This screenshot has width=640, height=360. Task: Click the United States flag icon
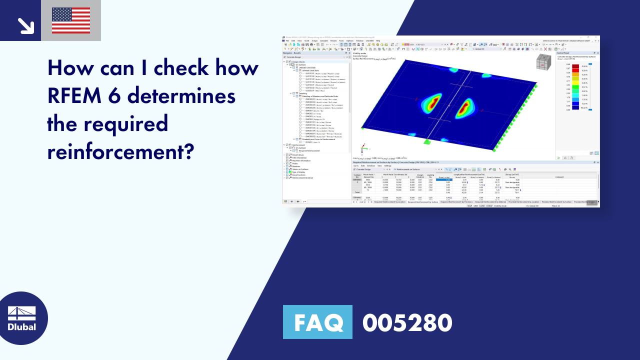tap(71, 20)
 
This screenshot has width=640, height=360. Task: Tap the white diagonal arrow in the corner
tap(24, 25)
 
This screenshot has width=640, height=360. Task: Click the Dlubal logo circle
tap(22, 318)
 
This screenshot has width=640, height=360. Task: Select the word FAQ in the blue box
tap(317, 322)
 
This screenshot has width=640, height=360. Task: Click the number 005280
tap(407, 322)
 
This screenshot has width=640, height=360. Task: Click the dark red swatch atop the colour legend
tap(576, 65)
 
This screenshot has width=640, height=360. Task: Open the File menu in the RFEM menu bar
tap(287, 40)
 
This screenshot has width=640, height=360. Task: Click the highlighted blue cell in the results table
tap(444, 179)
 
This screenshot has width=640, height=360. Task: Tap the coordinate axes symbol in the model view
tap(364, 148)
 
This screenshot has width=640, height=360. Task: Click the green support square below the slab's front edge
tap(426, 142)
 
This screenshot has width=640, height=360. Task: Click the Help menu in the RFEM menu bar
tap(378, 40)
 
